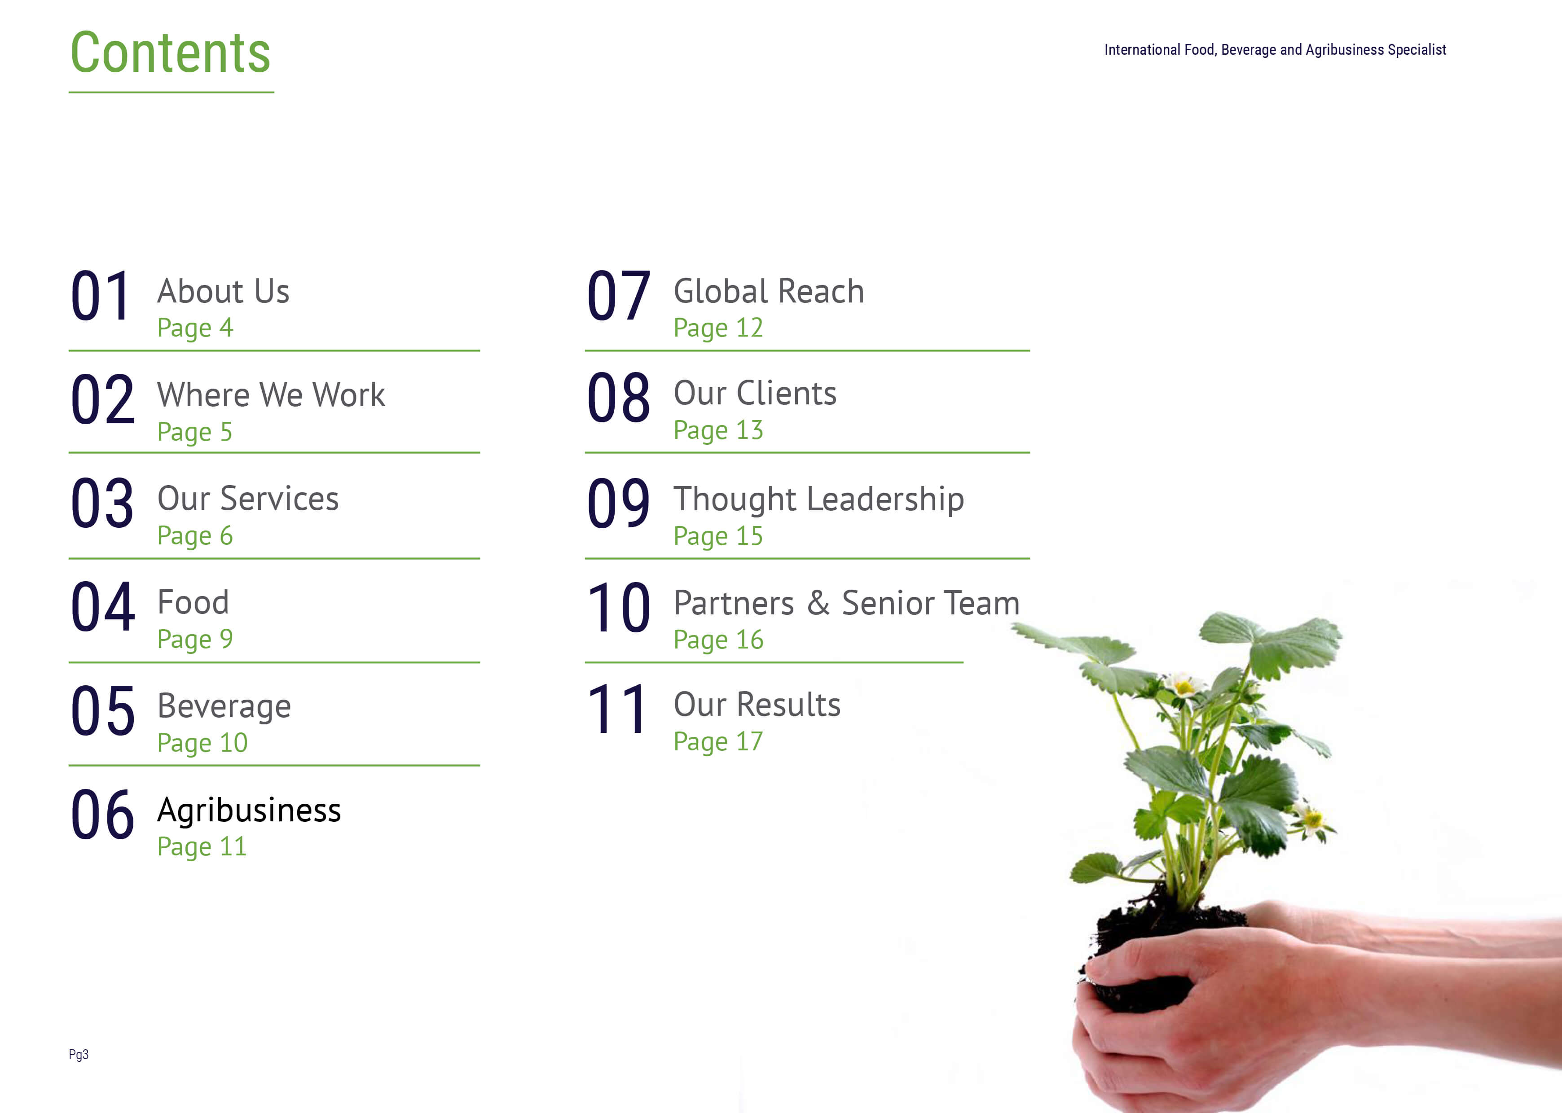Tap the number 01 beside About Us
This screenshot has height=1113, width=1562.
click(x=101, y=296)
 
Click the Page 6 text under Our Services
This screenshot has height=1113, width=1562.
click(x=195, y=536)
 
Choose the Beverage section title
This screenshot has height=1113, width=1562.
click(x=224, y=706)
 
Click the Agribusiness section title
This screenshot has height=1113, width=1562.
click(x=249, y=811)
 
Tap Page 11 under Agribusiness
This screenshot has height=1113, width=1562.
click(x=202, y=847)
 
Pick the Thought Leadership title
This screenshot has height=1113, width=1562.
click(x=818, y=500)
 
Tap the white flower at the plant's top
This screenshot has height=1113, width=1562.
click(x=1182, y=685)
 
